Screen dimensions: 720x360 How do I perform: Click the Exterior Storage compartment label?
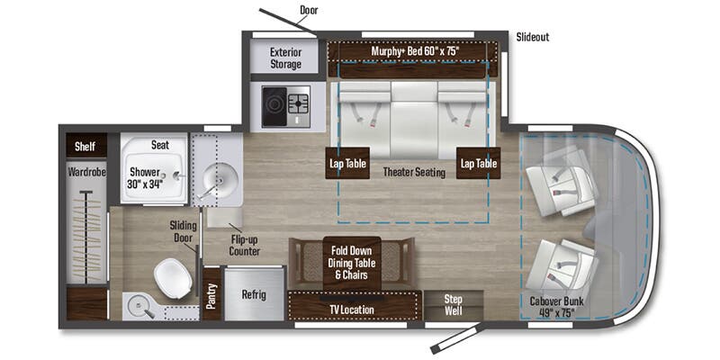285,58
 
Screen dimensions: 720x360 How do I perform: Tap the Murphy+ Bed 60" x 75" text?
415,51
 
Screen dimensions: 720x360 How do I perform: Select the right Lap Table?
478,163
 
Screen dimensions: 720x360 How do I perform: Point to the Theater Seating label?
414,172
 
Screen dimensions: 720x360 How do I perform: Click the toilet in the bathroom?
173,278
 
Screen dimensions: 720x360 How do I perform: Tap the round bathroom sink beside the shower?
220,180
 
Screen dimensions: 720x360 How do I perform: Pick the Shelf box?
85,147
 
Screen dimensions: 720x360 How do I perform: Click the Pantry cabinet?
211,295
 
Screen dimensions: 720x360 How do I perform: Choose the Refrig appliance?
254,294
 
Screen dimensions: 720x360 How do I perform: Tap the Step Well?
454,305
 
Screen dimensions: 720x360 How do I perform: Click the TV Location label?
353,310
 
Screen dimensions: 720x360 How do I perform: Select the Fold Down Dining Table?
352,264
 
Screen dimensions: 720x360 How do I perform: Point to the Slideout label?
533,37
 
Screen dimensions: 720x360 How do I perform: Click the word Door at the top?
309,10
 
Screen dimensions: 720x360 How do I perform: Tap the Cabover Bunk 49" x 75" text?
556,308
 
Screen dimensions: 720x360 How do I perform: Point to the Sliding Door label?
184,231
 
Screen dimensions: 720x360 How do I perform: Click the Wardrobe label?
87,173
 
